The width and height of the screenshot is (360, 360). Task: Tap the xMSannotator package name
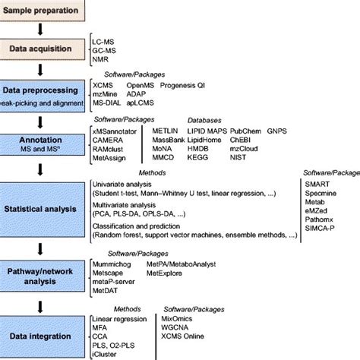coord(115,133)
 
